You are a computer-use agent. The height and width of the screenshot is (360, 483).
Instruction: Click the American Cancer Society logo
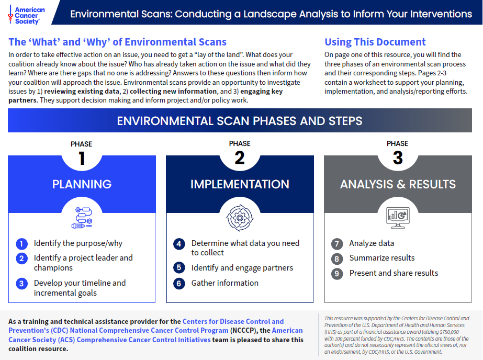27,15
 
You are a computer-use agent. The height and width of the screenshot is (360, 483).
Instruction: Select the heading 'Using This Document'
375,42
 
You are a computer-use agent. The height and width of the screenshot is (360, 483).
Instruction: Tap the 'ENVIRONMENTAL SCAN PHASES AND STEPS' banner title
240,121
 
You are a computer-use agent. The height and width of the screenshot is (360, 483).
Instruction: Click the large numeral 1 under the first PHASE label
82,159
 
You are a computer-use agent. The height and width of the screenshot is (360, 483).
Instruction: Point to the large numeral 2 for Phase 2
240,158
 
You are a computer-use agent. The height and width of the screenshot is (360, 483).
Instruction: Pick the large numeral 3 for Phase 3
398,158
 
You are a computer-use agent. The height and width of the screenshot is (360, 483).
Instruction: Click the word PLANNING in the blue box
82,184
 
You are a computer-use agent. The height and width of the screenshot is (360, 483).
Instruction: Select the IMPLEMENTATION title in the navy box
240,184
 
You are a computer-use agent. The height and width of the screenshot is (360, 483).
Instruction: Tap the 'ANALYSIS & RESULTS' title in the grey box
398,184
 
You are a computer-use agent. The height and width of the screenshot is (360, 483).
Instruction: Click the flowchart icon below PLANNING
82,218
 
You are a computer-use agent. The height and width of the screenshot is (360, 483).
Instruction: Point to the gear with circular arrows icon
240,218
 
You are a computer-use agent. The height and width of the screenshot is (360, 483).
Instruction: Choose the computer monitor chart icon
398,218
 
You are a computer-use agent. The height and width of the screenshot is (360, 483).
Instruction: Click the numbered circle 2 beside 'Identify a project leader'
21,258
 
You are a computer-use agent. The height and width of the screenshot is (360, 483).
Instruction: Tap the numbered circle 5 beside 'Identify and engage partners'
179,267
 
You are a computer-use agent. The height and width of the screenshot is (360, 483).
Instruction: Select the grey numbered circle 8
336,258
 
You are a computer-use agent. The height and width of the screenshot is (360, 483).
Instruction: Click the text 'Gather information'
225,283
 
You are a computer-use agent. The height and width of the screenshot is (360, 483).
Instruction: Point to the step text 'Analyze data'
372,243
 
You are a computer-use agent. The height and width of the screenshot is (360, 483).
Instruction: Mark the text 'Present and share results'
394,273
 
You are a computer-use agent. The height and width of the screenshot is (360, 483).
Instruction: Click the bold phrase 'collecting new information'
173,92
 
